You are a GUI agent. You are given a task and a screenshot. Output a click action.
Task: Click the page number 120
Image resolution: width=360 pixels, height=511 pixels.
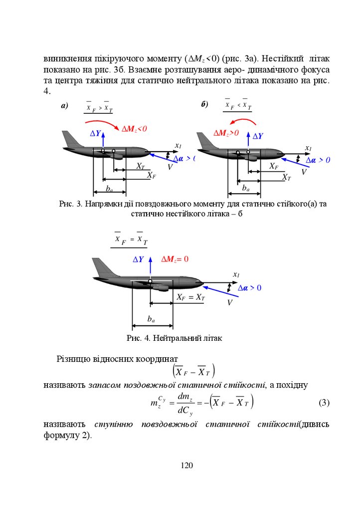186,466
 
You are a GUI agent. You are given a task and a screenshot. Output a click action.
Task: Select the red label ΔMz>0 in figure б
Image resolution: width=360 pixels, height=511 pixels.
226,133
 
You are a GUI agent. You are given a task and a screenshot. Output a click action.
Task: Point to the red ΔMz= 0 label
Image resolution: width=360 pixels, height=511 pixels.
175,259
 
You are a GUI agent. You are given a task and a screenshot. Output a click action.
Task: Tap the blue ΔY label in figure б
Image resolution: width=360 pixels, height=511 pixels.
258,136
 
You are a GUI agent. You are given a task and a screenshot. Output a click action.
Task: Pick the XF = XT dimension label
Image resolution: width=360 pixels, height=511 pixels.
190,297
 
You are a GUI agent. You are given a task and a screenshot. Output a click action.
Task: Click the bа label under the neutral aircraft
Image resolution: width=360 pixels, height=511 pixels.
151,318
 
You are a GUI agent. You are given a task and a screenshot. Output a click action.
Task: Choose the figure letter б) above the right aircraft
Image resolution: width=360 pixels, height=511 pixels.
204,104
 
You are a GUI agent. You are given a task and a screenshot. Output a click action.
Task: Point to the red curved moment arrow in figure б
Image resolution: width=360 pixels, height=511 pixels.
239,121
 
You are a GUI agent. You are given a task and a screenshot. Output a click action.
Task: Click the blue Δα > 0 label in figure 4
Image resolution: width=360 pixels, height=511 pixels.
249,288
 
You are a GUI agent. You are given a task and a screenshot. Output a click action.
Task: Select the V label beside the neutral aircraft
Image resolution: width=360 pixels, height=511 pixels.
230,302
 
